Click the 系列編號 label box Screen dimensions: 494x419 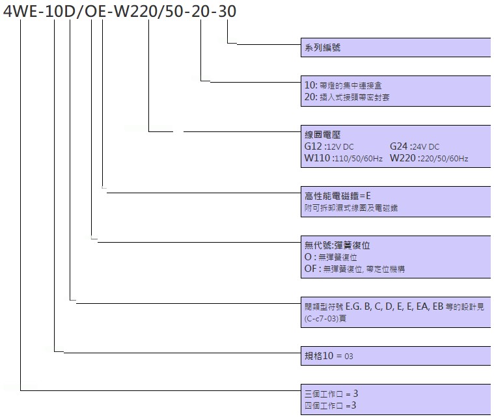point(396,47)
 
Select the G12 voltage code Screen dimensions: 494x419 point(313,146)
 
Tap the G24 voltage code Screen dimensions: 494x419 point(398,146)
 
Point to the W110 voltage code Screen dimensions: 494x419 point(317,158)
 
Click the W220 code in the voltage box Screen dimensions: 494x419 point(403,158)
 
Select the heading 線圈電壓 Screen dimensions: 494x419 point(322,135)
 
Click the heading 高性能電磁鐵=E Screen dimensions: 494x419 point(337,196)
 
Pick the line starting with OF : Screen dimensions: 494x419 point(355,269)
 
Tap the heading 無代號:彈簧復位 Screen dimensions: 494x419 point(337,245)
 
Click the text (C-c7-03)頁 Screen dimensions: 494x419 point(325,318)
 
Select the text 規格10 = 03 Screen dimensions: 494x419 point(329,356)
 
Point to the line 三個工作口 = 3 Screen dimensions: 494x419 point(331,394)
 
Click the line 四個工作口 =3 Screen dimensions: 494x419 point(330,405)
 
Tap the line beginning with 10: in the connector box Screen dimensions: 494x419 point(343,85)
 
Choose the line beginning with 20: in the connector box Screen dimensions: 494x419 point(347,97)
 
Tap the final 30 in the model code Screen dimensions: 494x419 point(227,12)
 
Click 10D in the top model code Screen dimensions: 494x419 point(59,12)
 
